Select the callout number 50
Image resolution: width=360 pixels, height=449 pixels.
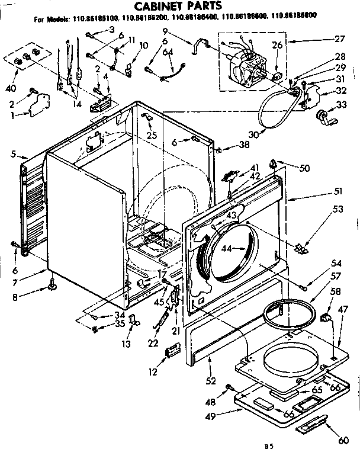[x=304, y=169]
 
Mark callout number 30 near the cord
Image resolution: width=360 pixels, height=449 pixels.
[x=254, y=134]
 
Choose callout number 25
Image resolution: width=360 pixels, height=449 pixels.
[x=152, y=136]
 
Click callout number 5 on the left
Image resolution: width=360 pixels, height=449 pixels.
[x=14, y=156]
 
